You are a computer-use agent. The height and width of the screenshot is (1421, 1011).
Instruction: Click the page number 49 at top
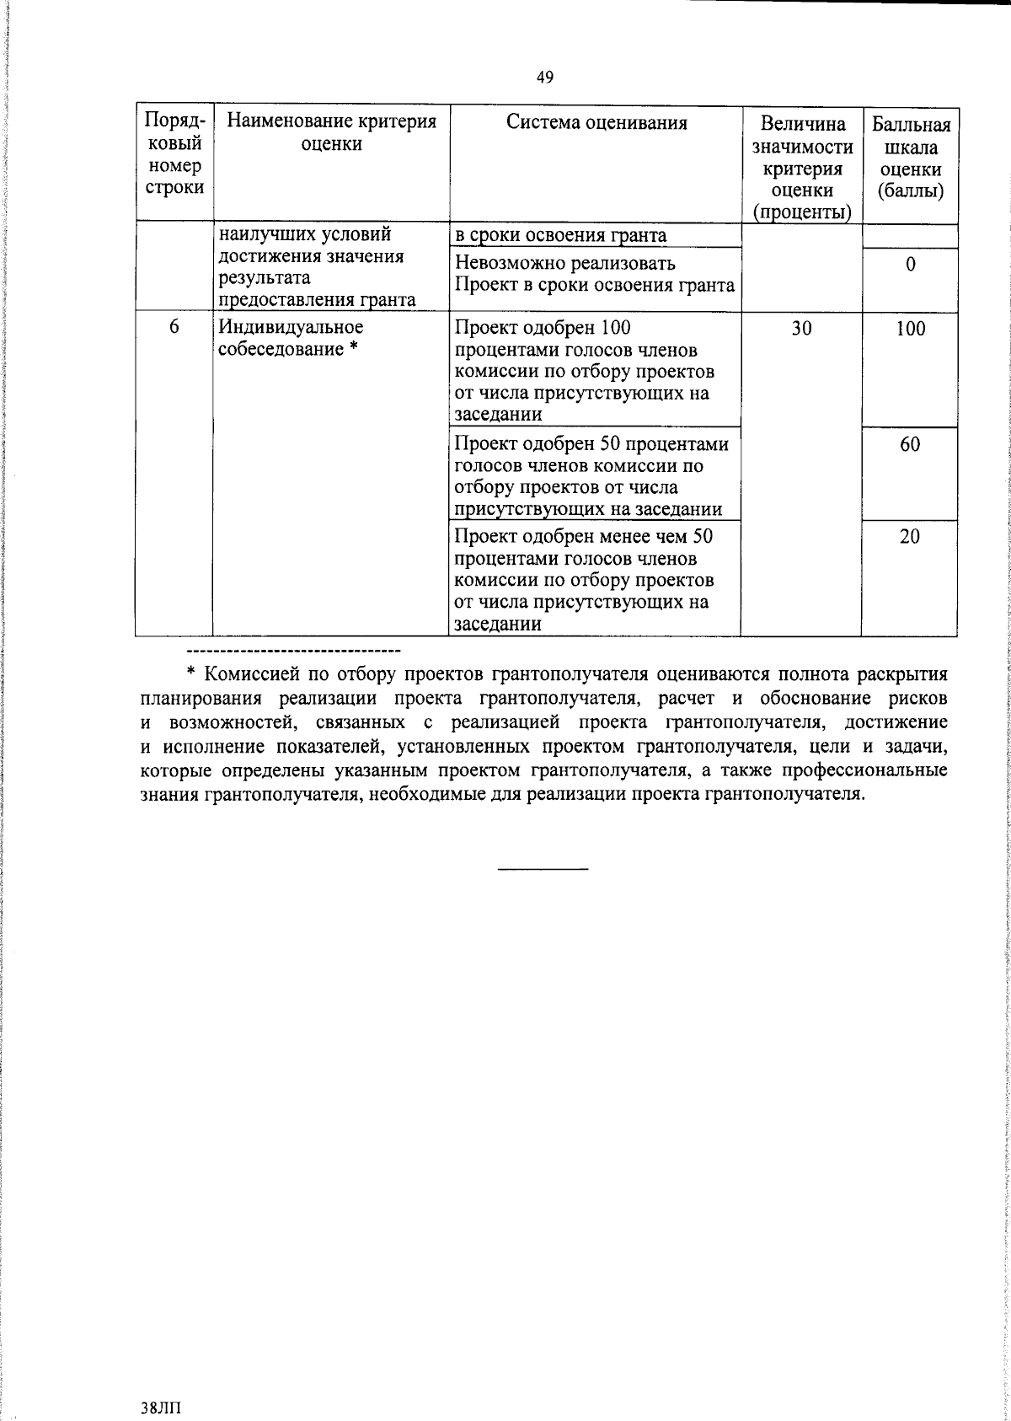(544, 78)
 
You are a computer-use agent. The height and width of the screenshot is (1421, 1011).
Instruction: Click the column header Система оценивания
(596, 123)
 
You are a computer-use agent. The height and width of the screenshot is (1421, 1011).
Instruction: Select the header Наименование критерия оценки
(331, 133)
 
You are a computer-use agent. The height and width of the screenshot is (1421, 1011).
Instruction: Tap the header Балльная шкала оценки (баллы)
(910, 158)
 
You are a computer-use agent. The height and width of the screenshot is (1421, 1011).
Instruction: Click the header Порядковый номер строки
(174, 154)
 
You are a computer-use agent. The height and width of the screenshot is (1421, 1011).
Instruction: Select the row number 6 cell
(174, 327)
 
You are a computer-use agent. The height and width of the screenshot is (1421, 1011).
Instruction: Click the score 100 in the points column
(910, 329)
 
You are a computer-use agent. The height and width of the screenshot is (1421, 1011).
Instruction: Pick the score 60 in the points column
(910, 444)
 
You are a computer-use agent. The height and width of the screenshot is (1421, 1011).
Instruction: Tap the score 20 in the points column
(910, 536)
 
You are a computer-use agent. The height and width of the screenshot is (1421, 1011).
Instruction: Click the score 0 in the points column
(910, 265)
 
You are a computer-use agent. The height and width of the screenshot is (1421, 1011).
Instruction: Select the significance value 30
(801, 329)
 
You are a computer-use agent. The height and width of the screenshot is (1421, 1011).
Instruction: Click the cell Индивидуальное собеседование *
(291, 337)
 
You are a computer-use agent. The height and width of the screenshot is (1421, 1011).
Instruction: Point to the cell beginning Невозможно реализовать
(594, 275)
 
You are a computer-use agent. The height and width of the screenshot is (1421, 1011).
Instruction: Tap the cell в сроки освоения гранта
(560, 235)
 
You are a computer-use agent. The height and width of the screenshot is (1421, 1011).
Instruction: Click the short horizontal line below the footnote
(543, 868)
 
